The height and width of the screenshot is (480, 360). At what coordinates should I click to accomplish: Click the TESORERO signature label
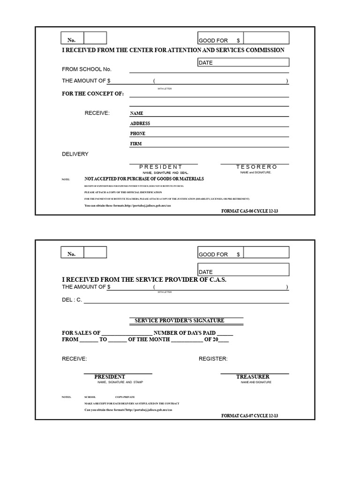click(256, 167)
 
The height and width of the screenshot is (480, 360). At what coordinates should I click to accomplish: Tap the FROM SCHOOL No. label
click(87, 69)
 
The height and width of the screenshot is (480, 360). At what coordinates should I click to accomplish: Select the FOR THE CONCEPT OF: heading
click(93, 94)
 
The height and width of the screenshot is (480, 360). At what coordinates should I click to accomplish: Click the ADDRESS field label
click(140, 124)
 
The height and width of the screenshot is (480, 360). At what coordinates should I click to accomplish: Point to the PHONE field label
click(138, 134)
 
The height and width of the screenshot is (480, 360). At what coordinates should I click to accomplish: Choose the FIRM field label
click(136, 144)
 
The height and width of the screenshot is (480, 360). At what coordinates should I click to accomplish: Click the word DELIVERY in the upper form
click(75, 154)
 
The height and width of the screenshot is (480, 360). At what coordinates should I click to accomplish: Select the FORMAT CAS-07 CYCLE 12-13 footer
click(253, 416)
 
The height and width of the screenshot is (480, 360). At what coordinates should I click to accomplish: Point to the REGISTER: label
click(213, 359)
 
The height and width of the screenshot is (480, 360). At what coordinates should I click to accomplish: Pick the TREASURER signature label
click(253, 377)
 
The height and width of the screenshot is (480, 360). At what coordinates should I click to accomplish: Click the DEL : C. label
click(72, 300)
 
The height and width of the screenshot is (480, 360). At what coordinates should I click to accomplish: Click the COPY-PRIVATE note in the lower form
click(122, 397)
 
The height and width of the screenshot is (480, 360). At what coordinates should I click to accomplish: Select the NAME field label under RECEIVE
click(137, 113)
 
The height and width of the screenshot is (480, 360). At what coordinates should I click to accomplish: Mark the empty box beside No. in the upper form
click(95, 38)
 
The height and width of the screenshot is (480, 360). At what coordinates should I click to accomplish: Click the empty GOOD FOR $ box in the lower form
click(266, 252)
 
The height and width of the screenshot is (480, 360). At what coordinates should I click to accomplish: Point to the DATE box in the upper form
click(243, 62)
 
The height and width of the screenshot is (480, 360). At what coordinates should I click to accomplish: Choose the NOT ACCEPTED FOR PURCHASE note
click(144, 179)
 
